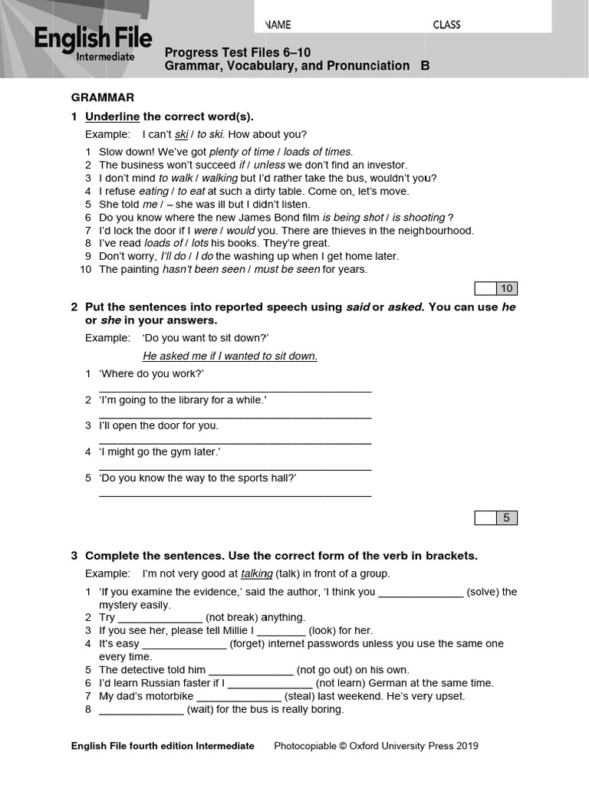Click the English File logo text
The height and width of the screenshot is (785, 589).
92,39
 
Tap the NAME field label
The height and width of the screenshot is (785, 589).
278,25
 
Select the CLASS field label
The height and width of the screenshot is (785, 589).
446,25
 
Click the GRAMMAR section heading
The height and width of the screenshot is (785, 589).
103,97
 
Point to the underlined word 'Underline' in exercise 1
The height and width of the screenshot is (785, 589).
112,117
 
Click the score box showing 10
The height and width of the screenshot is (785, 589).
506,288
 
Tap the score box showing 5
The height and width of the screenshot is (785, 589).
506,517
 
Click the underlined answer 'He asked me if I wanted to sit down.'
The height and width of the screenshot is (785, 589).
229,356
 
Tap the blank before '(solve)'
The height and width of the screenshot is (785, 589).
420,593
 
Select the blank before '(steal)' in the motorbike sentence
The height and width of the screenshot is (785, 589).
239,697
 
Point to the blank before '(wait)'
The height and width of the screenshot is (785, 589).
141,710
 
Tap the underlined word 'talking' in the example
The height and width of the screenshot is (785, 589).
256,573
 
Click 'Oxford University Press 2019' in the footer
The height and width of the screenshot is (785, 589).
413,746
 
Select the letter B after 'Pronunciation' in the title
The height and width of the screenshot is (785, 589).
425,66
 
